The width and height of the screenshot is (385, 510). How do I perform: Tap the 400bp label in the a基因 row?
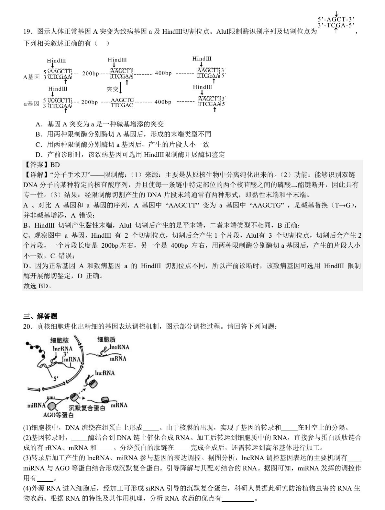pos(163,102)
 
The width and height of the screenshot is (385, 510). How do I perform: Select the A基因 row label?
pos(31,77)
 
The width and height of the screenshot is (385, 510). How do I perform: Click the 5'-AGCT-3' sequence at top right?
pos(336,20)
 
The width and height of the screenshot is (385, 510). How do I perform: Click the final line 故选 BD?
pos(37,286)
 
